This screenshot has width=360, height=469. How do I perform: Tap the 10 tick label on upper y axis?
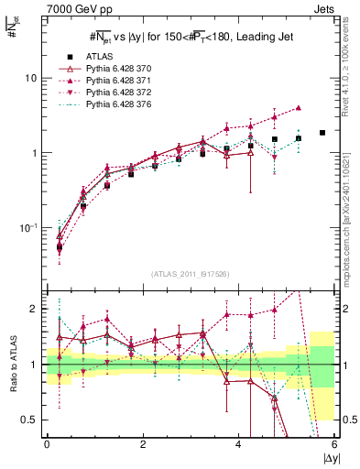[30, 78]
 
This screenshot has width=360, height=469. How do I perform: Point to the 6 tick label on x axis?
[334, 445]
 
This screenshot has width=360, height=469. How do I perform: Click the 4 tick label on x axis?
[238, 445]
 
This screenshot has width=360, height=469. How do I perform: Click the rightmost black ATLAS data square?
[322, 133]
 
